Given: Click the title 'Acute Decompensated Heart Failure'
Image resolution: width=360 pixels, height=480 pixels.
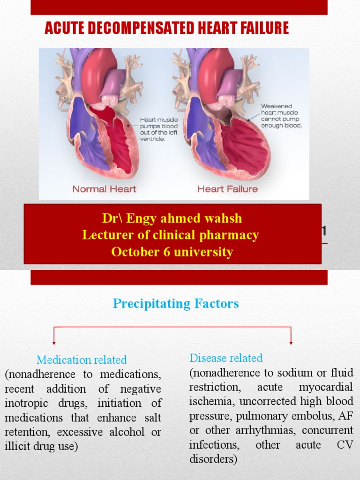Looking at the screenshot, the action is click(x=167, y=28).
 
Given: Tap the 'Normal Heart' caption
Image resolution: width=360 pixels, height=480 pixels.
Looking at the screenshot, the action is click(x=105, y=189).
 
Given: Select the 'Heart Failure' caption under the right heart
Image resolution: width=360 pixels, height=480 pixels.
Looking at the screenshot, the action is click(x=227, y=189).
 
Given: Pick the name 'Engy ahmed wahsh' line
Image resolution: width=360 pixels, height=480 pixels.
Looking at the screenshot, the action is click(x=172, y=218).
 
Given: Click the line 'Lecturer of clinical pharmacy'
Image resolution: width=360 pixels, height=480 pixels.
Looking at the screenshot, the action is click(x=171, y=235).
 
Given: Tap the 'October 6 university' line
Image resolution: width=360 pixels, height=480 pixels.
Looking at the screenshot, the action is click(x=172, y=252).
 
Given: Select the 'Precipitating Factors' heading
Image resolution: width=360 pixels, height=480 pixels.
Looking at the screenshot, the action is click(x=176, y=303).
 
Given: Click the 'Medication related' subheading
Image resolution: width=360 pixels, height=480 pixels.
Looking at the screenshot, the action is click(x=82, y=360).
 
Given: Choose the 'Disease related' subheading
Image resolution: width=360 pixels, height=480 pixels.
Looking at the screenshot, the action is click(x=226, y=358).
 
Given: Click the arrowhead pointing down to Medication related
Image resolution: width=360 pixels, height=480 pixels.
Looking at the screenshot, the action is click(x=54, y=343).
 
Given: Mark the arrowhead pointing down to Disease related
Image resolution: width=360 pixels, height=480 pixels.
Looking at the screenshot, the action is click(x=291, y=343).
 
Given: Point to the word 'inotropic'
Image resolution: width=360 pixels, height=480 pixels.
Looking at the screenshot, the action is click(x=26, y=403).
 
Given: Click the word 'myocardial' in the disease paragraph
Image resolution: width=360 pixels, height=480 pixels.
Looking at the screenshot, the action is click(x=326, y=387).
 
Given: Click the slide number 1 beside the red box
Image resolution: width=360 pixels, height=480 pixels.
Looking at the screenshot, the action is click(x=324, y=232).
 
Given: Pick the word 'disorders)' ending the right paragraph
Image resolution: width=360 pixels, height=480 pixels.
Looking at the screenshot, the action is click(x=213, y=459).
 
